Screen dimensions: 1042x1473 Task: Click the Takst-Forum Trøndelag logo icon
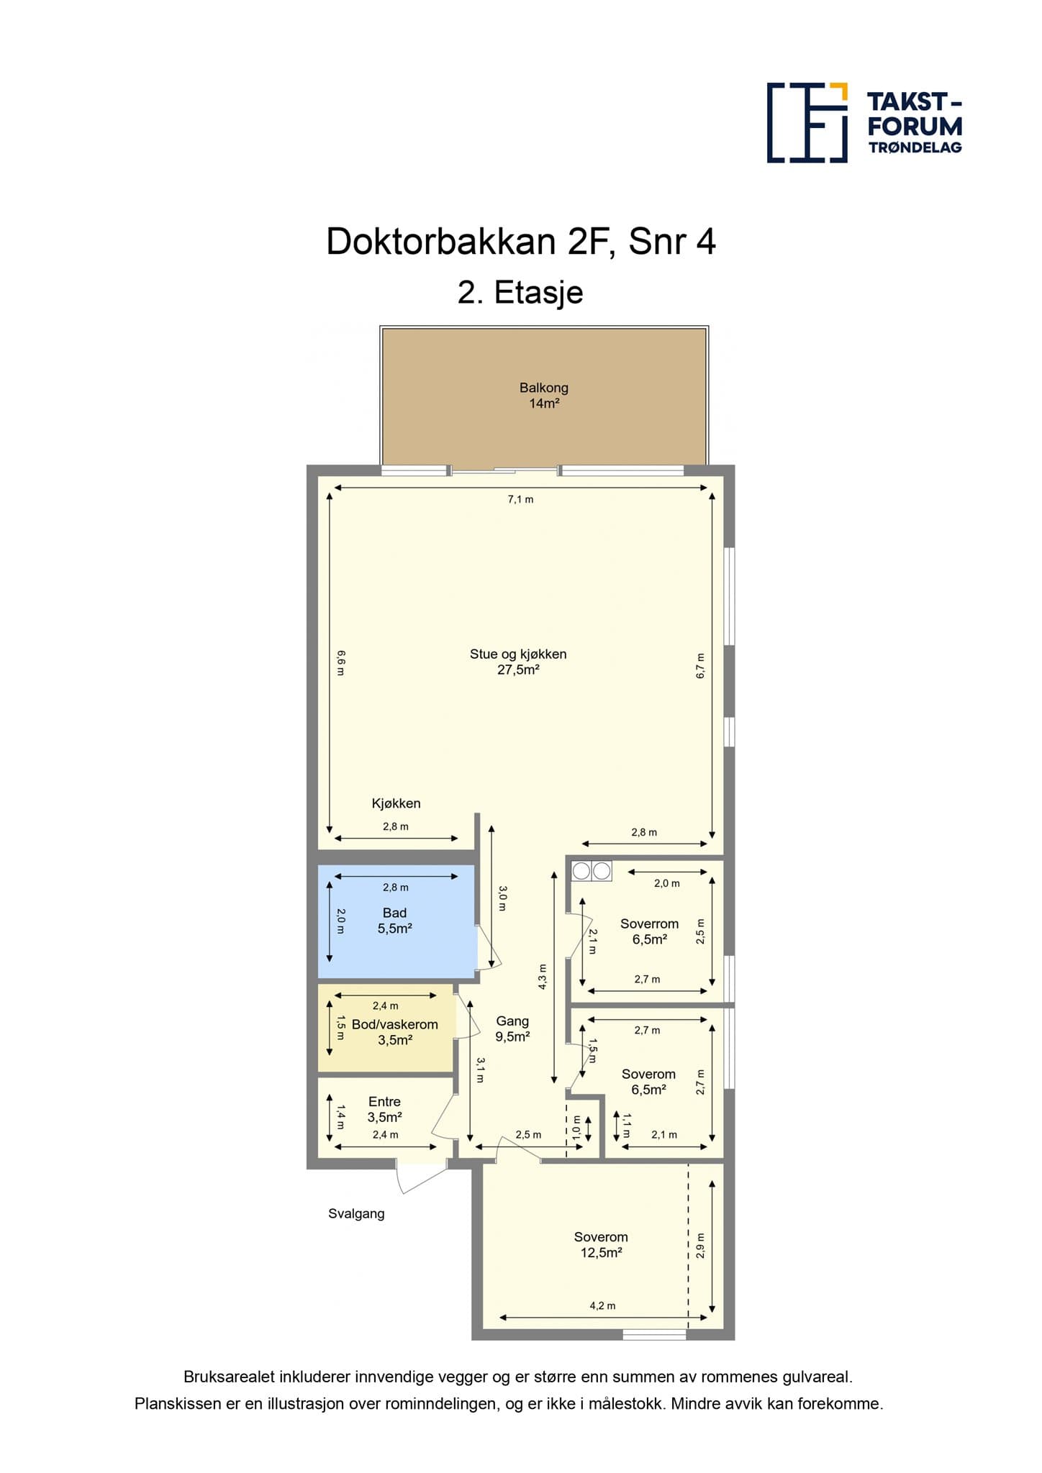pos(807,122)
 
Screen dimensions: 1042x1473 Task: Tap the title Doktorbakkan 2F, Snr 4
pos(521,242)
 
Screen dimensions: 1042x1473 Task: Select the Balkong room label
pos(544,388)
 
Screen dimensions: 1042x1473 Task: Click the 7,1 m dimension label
pos(520,499)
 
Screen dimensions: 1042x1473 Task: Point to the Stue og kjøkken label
pos(518,654)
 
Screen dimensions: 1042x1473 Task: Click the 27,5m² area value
pos(518,670)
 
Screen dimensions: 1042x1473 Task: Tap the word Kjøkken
pos(396,803)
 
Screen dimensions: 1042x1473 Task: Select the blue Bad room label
pos(394,913)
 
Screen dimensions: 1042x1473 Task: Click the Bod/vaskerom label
pos(394,1024)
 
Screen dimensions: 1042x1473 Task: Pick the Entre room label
pos(384,1101)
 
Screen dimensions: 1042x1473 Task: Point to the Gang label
pos(512,1021)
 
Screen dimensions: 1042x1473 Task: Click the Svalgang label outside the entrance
pos(356,1213)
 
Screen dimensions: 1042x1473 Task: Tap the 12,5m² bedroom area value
pos(601,1252)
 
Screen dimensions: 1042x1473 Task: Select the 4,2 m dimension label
pos(602,1305)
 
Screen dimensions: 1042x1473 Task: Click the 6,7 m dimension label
pos(701,666)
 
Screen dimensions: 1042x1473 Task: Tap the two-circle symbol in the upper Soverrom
pos(592,871)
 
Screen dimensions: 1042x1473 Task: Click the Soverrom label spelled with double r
pos(649,924)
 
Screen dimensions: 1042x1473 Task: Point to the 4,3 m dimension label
pos(543,977)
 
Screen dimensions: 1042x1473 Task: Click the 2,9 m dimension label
pos(701,1246)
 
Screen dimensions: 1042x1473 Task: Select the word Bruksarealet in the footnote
pos(230,1377)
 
